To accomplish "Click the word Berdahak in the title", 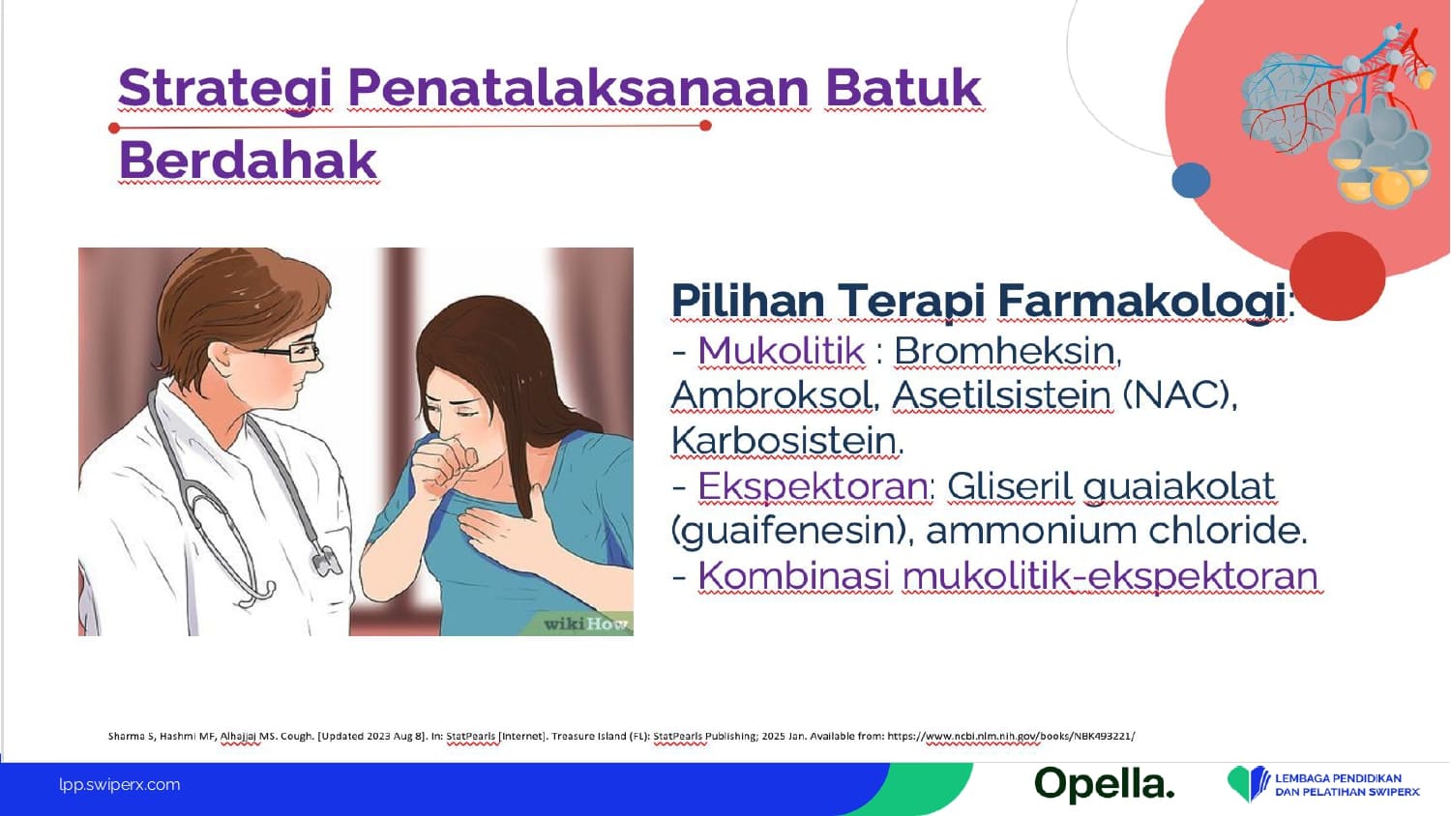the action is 248,160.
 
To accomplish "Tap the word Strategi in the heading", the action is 224,90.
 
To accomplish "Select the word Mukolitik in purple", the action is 782,351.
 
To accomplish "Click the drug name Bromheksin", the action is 1007,351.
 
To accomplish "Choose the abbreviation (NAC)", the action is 1179,395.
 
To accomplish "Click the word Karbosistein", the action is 786,440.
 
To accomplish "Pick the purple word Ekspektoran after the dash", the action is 813,485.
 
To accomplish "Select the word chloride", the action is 1227,531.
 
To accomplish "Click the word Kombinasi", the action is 794,575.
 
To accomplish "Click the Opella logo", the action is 1105,785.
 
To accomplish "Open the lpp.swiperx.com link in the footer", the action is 120,785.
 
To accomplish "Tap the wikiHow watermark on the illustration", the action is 585,624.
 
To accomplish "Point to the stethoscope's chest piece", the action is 326,560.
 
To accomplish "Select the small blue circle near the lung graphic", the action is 1191,180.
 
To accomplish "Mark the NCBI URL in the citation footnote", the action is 1011,737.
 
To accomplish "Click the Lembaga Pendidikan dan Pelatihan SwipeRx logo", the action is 1322,784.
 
